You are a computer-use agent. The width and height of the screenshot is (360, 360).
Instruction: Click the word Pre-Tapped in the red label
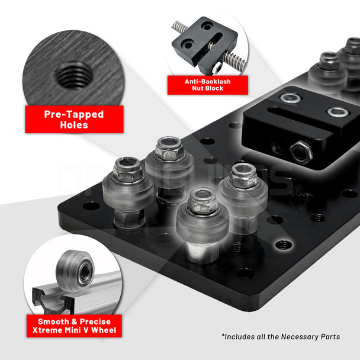point(74,114)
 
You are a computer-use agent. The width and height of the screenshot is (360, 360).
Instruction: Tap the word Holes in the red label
point(74,125)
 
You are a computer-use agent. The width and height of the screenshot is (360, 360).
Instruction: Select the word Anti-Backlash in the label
point(208,82)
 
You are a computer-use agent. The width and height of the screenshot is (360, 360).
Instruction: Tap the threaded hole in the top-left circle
point(74,75)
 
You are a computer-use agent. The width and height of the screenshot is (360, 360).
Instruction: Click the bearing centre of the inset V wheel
point(85,273)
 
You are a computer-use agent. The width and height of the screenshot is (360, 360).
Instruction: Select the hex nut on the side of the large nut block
point(301,152)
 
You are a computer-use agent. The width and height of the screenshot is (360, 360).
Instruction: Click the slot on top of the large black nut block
point(300,121)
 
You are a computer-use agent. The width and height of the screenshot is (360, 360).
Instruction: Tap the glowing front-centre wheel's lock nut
point(202,201)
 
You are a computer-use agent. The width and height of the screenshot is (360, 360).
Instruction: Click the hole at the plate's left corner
point(91,205)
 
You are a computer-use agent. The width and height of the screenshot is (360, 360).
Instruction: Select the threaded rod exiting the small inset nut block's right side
point(234,61)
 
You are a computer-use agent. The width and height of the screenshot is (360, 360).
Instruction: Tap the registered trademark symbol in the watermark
point(298,190)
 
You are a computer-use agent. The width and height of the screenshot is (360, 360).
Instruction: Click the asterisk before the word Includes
point(223,335)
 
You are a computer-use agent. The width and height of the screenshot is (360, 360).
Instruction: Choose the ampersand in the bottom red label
point(74,322)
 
